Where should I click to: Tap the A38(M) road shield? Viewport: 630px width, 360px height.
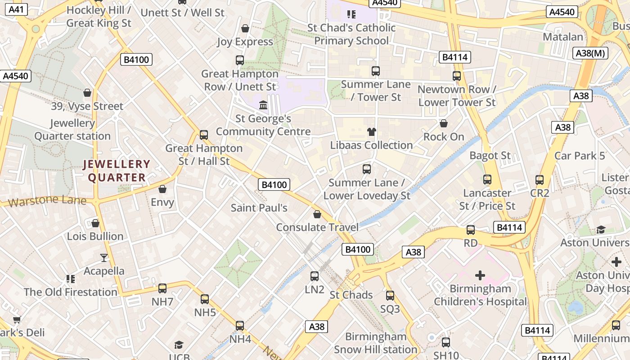point(591,53)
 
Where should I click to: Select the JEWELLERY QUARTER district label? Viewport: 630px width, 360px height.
point(117,171)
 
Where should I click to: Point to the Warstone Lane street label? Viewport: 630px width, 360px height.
point(47,200)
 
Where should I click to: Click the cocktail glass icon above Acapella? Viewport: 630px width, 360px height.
point(104,257)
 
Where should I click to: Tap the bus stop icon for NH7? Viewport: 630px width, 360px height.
point(162,288)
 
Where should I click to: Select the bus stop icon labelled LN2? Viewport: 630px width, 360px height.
point(315,276)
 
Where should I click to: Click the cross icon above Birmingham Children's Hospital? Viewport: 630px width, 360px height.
point(480,275)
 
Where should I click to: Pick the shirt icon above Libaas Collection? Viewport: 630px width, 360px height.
point(371,132)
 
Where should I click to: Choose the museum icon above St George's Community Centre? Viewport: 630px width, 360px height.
point(263,105)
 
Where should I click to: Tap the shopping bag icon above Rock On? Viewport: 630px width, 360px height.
point(444,123)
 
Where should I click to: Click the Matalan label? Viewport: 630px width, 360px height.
point(562,37)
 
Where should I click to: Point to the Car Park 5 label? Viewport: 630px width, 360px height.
point(580,156)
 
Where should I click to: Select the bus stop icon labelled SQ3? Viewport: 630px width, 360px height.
point(390,296)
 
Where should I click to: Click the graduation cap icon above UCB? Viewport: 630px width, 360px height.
point(179,345)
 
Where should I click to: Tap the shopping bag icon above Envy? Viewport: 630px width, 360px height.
point(162,189)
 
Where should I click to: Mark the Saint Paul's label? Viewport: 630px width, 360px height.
point(259,208)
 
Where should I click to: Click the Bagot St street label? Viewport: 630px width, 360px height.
point(490,156)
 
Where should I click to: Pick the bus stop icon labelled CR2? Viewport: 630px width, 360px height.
point(540,180)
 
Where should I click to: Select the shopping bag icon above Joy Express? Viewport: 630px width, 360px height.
point(245,28)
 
